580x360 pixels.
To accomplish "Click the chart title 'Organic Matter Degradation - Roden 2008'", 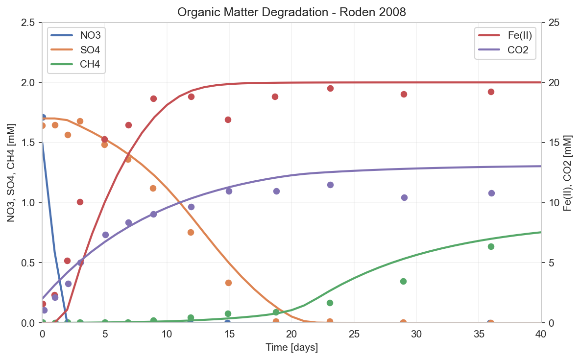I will coord(291,12).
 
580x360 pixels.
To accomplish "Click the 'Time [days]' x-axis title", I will coord(291,348).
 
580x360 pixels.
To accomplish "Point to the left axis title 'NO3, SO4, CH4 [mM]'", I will coord(11,172).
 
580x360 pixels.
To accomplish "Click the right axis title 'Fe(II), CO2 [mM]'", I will coord(567,172).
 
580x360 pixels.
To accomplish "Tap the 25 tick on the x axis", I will coord(354,334).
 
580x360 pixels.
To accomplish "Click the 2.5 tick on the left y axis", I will coord(30,23).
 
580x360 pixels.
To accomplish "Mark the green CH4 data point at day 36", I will coord(491,246).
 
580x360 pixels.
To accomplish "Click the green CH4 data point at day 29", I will coord(404,281).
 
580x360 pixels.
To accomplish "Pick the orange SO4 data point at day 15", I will coord(228,283).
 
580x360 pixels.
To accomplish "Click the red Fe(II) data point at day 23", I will coord(330,88).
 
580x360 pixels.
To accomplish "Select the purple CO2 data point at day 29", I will coord(404,197).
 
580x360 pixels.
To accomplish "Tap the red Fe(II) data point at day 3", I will coord(80,202).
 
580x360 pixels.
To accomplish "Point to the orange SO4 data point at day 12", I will coord(191,232).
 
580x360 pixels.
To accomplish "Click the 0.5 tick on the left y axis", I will coord(30,263).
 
